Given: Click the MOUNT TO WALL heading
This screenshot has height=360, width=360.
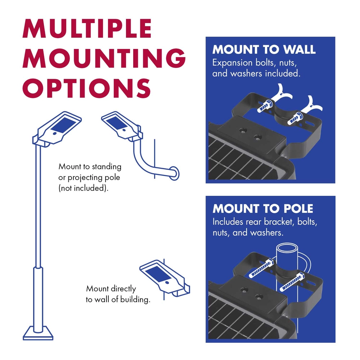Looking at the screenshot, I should click(264, 50).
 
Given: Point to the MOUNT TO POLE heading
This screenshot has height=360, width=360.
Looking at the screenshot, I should click(263, 208).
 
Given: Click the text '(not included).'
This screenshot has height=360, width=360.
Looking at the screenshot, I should click(83, 188).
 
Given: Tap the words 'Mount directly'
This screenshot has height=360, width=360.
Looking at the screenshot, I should click(111, 288).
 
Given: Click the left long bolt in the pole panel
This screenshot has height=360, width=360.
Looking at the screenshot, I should click(260, 268).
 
